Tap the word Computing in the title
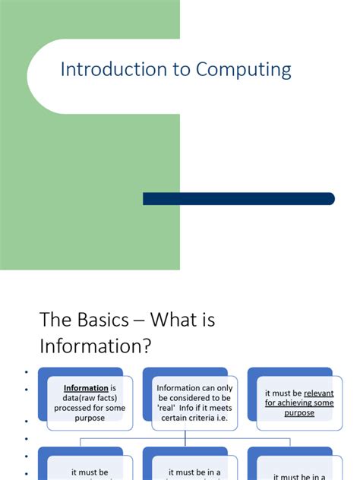click(243, 71)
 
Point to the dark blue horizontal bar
click(238, 199)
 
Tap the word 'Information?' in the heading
click(96, 346)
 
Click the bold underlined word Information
click(85, 388)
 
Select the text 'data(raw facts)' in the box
click(90, 398)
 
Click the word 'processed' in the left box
click(75, 408)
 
